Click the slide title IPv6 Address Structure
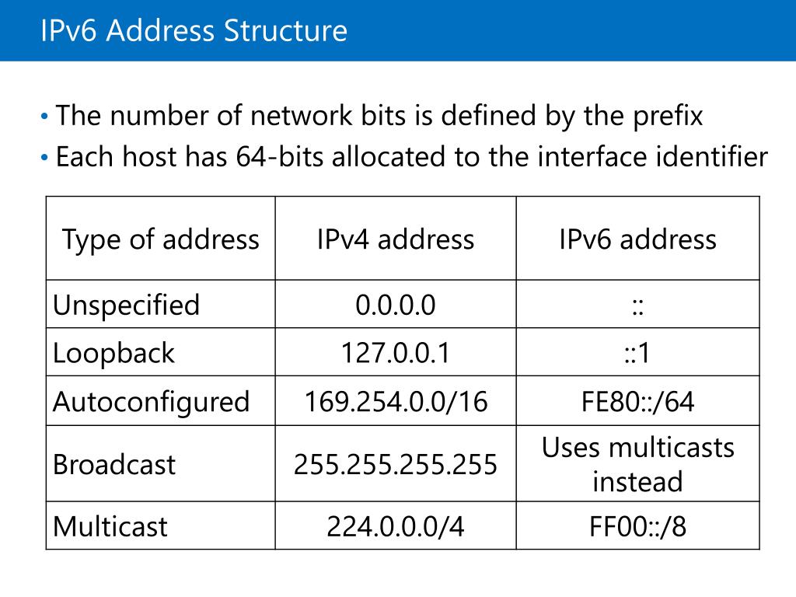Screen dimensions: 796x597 [x=194, y=31]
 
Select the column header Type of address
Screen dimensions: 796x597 [x=160, y=239]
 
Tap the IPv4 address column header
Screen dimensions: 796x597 [x=395, y=239]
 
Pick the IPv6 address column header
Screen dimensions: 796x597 [x=637, y=239]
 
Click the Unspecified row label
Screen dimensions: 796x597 [x=126, y=305]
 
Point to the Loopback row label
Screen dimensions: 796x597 [x=113, y=353]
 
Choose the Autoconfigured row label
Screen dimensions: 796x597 [x=151, y=401]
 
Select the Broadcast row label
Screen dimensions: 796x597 [x=114, y=464]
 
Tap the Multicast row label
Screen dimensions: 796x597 [x=110, y=526]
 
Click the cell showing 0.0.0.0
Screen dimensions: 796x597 [x=395, y=305]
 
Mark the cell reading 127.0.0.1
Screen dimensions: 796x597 [x=395, y=353]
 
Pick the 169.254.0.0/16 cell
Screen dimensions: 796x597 [x=395, y=401]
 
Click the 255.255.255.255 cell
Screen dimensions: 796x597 [x=395, y=464]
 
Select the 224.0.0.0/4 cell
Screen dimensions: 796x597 [x=395, y=526]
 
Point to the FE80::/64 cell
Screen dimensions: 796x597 [x=637, y=401]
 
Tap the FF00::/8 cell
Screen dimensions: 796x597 [x=637, y=526]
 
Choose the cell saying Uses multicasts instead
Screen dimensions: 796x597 [x=637, y=464]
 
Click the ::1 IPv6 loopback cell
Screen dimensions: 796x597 [x=637, y=353]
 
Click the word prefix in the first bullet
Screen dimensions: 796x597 [x=663, y=117]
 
